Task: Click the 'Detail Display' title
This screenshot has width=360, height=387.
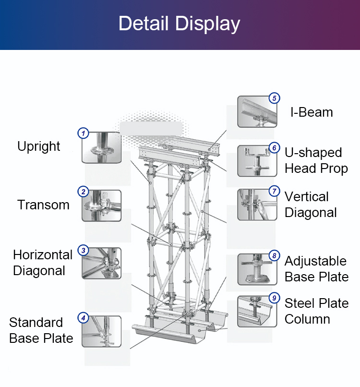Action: (x=179, y=24)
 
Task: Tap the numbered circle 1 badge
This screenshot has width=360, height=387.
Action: (x=84, y=133)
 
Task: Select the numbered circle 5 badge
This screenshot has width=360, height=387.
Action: (x=274, y=98)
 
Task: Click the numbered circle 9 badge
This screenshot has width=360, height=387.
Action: (x=274, y=298)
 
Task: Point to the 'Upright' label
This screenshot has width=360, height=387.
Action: (x=39, y=146)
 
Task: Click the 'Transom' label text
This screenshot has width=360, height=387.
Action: (x=44, y=205)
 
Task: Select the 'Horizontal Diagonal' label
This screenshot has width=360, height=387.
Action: (x=43, y=263)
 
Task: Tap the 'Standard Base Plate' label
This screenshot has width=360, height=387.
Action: (x=41, y=330)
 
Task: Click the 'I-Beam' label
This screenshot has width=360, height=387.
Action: (x=312, y=112)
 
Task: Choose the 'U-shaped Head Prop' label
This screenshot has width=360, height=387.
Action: (x=316, y=160)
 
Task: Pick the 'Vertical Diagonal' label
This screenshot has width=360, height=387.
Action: (x=311, y=205)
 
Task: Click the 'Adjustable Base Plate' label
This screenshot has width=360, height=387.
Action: (x=316, y=269)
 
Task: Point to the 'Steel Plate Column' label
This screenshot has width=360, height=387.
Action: (x=316, y=311)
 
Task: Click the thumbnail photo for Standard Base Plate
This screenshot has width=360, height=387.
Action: (x=101, y=331)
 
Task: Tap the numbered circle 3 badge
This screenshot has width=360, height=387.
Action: (x=84, y=250)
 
